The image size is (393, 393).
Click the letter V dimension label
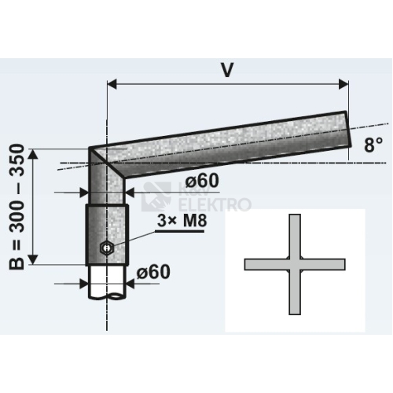pyautogui.click(x=227, y=70)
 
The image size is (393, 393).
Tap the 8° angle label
pyautogui.click(x=373, y=145)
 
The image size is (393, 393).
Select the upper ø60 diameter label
pyautogui.click(x=202, y=181)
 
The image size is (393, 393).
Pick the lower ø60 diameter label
pyautogui.click(x=153, y=272)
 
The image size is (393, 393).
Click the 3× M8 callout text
pyautogui.click(x=182, y=221)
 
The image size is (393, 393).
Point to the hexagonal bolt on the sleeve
pyautogui.click(x=106, y=248)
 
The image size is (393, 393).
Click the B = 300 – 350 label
pyautogui.click(x=17, y=207)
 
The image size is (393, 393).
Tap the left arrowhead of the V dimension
pyautogui.click(x=112, y=84)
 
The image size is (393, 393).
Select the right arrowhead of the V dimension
pyautogui.click(x=343, y=84)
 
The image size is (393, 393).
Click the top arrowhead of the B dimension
pyautogui.click(x=33, y=154)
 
